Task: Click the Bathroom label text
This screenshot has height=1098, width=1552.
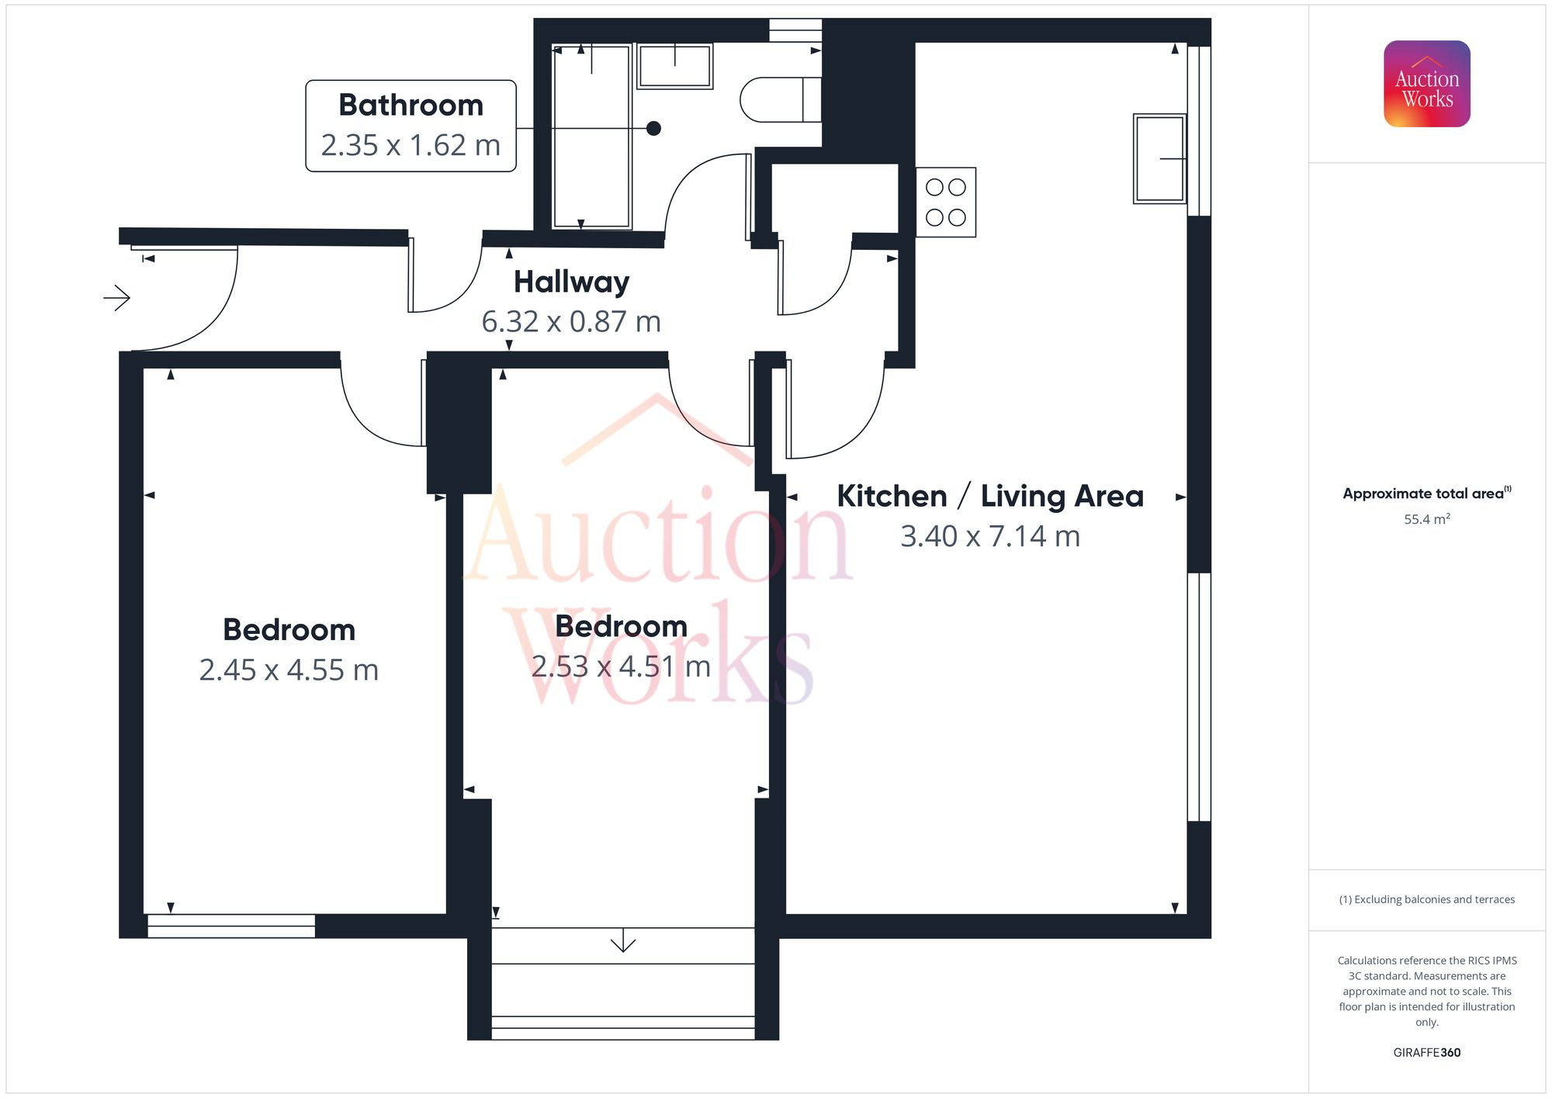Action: [x=411, y=105]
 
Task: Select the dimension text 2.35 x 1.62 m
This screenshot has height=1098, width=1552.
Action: [x=411, y=145]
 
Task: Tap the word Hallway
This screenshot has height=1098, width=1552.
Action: [x=571, y=282]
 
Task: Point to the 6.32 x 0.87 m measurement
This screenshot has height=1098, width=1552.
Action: [x=571, y=321]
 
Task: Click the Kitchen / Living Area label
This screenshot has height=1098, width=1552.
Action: [x=990, y=496]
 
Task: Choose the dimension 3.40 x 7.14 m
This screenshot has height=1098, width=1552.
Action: [x=990, y=536]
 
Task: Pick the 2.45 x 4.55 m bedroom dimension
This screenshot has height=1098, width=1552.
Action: [x=289, y=670]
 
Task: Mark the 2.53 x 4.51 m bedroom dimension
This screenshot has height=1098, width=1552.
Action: [x=621, y=666]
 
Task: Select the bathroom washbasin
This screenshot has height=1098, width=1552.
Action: [x=675, y=66]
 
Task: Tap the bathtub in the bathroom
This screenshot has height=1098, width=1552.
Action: [x=591, y=137]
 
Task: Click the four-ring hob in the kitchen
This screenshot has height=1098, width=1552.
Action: [x=946, y=203]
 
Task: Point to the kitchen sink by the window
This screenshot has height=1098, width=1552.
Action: [x=1159, y=158]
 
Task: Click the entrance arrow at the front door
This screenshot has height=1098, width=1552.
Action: [x=117, y=297]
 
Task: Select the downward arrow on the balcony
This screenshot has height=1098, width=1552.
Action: [x=623, y=944]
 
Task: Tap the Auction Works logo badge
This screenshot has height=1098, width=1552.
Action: [x=1426, y=84]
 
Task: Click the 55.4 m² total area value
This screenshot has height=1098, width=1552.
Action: [x=1426, y=519]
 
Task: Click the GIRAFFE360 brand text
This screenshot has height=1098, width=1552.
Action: [x=1426, y=1052]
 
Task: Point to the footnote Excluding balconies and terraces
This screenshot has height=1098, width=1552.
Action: [x=1426, y=899]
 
